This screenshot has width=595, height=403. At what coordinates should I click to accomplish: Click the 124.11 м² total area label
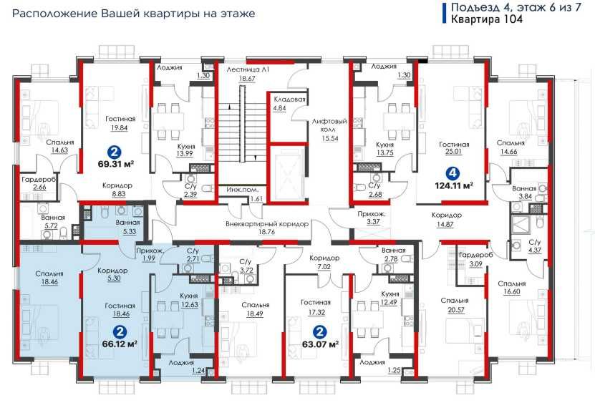[x=453, y=186]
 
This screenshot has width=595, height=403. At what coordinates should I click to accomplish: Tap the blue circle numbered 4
[x=452, y=174]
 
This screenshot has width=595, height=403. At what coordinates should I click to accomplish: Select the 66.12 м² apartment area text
[x=120, y=344]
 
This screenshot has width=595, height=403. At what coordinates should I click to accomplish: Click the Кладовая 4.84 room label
[x=289, y=104]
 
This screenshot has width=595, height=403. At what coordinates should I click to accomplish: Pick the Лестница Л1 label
[x=248, y=70]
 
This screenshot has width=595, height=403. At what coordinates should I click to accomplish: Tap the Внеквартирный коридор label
[x=267, y=224]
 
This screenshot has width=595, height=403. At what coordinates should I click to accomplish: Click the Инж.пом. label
[x=243, y=190]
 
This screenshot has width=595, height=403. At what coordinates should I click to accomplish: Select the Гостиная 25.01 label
[x=454, y=148]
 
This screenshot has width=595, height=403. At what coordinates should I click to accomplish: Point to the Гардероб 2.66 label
[x=39, y=183]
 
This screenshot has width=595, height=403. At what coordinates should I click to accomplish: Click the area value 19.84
[x=119, y=128]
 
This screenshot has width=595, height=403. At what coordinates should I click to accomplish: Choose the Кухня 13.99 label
[x=185, y=150]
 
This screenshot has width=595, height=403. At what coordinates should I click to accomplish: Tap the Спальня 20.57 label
[x=455, y=305]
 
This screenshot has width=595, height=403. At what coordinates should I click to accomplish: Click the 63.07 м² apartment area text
[x=320, y=345]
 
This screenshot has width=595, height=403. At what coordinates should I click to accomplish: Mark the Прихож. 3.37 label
[x=372, y=218]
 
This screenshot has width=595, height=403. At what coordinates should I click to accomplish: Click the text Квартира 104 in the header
[x=487, y=19]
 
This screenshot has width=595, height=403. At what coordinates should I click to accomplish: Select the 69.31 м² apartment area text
[x=117, y=165]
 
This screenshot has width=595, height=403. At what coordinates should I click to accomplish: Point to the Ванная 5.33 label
[x=127, y=227]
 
